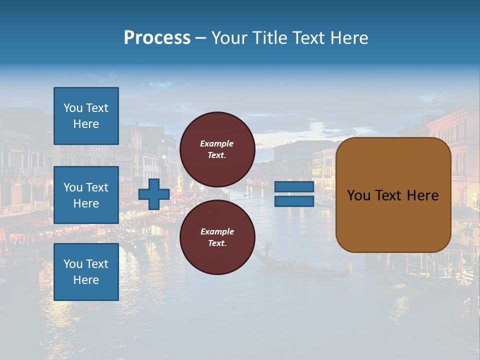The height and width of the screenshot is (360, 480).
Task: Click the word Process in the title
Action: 157,38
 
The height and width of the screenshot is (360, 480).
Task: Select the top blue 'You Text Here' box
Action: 86,116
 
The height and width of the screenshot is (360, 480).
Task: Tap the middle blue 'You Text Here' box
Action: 86,195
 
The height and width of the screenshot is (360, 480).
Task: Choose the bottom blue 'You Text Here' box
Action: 86,272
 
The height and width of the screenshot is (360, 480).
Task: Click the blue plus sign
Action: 154,194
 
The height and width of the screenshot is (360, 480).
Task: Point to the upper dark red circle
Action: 217,149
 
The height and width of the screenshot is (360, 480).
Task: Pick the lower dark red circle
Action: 217,237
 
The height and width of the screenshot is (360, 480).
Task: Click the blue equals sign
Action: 294,194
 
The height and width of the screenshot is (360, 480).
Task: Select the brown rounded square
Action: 393,194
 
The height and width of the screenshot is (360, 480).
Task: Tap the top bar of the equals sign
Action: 294,187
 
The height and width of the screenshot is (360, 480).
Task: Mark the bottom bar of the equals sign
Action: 294,201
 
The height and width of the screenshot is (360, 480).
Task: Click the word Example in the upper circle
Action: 217,143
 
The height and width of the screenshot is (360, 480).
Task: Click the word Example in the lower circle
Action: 217,231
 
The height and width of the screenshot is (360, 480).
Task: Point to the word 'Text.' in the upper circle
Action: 217,155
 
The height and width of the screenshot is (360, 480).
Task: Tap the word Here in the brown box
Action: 422,195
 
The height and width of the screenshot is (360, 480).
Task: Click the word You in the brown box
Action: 358,195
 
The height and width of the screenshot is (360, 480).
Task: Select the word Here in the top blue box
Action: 86,124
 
